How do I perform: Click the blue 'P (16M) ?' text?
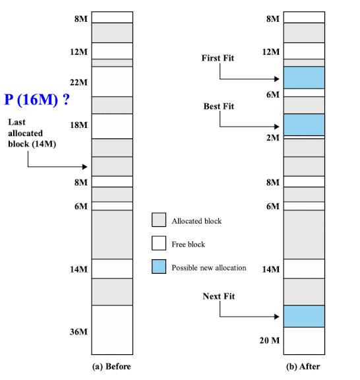[x=37, y=100]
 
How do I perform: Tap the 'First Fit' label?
[x=218, y=58]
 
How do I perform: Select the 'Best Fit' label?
[x=219, y=106]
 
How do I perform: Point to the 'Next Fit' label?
[x=218, y=296]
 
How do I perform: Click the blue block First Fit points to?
[x=304, y=78]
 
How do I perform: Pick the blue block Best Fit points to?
[x=304, y=125]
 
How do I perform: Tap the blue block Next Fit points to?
[x=304, y=316]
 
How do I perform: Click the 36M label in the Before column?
[x=78, y=332]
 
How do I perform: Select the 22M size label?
[x=78, y=82]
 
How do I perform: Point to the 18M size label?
[x=78, y=125]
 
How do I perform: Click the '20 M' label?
[x=270, y=340]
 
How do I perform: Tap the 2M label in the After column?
[x=273, y=138]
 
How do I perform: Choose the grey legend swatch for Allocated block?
[x=159, y=220]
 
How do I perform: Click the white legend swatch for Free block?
[x=159, y=243]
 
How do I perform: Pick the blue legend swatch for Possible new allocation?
[x=159, y=267]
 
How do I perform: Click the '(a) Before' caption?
[x=111, y=366]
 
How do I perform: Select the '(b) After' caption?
[x=303, y=366]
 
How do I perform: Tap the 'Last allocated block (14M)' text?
[x=32, y=133]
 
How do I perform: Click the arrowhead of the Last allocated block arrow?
[x=85, y=167]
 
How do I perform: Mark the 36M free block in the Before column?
[x=112, y=330]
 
